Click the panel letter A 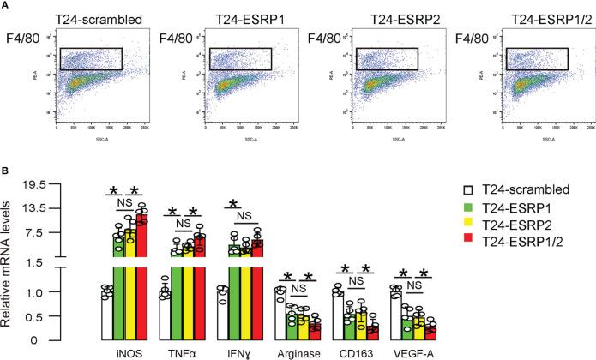point(5,5)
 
